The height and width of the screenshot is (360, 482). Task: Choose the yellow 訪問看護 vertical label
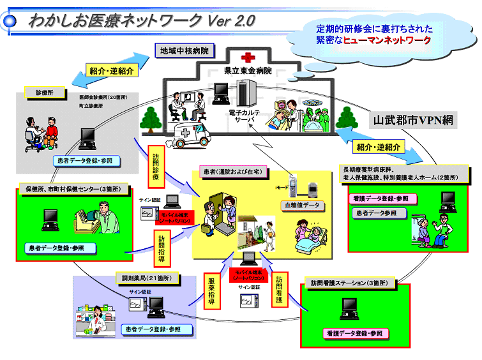(x=279, y=290)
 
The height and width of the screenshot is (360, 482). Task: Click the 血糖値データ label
(x=303, y=206)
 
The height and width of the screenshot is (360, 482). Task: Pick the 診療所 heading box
(x=39, y=92)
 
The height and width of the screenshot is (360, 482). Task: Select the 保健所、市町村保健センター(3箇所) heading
(x=77, y=189)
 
